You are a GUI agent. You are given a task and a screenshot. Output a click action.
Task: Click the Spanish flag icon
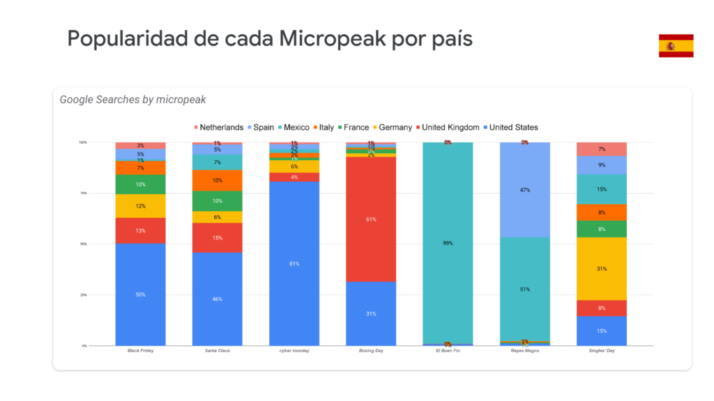(x=676, y=45)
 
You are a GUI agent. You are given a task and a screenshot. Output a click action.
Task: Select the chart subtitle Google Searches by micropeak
(x=132, y=100)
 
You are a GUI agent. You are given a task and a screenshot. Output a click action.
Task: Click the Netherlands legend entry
(x=218, y=127)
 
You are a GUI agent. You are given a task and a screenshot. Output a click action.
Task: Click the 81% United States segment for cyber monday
(x=294, y=263)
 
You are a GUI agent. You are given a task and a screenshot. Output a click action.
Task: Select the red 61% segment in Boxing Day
(x=371, y=219)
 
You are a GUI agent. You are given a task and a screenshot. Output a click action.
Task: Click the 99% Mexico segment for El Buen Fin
(x=448, y=243)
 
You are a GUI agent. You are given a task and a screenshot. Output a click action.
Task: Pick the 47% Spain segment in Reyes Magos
(x=524, y=189)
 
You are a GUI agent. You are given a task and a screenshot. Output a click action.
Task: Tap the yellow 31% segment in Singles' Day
(x=601, y=268)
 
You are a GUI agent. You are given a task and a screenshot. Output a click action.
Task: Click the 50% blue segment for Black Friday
(x=140, y=294)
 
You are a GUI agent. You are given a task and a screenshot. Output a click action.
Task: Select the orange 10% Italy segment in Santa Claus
(x=218, y=180)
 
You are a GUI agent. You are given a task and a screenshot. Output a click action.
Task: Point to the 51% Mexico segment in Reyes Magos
(x=524, y=289)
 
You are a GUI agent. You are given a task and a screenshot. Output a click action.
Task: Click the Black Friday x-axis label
(x=140, y=351)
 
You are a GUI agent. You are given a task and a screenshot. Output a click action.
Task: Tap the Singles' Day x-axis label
(x=601, y=351)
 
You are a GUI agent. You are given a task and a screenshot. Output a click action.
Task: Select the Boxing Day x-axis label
(x=371, y=351)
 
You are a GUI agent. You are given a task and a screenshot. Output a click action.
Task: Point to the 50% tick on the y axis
(x=83, y=244)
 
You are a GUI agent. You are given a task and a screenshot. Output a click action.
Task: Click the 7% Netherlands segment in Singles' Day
(x=601, y=149)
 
